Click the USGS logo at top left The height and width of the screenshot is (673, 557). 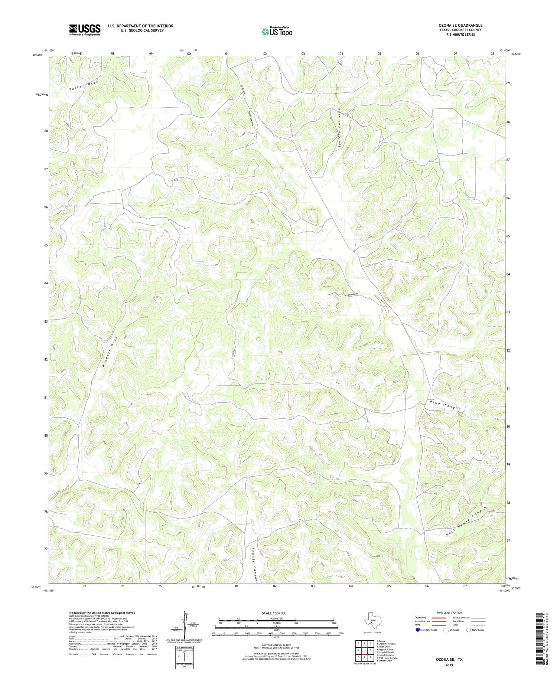tap(85, 30)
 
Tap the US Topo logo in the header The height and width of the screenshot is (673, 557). tap(277, 32)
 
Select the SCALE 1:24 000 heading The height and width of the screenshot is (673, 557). tap(277, 613)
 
